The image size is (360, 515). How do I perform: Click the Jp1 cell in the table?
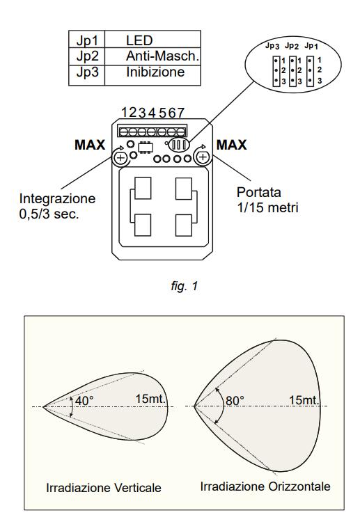point(87,40)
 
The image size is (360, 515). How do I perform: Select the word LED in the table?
point(139,40)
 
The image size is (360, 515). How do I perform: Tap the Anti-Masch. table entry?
point(163,56)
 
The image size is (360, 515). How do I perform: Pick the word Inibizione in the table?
point(155,72)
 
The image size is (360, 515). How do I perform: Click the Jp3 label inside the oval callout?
point(272,46)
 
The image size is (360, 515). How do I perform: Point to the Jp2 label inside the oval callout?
point(292,46)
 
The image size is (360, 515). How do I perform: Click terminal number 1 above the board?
point(125,112)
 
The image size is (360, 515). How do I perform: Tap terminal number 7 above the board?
point(180,113)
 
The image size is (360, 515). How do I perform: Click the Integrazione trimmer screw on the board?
point(120,157)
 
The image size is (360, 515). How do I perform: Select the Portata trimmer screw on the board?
point(203,157)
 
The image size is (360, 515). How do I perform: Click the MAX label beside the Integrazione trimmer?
point(90,145)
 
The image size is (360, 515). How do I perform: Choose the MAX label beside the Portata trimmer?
point(231,145)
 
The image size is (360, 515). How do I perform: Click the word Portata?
point(259,192)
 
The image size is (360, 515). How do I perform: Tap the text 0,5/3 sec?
point(49,214)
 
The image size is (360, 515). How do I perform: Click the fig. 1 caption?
point(184,286)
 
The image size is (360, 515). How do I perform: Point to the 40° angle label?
point(84,401)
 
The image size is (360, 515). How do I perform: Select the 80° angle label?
point(235,401)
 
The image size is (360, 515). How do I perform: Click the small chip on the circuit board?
point(145,147)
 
